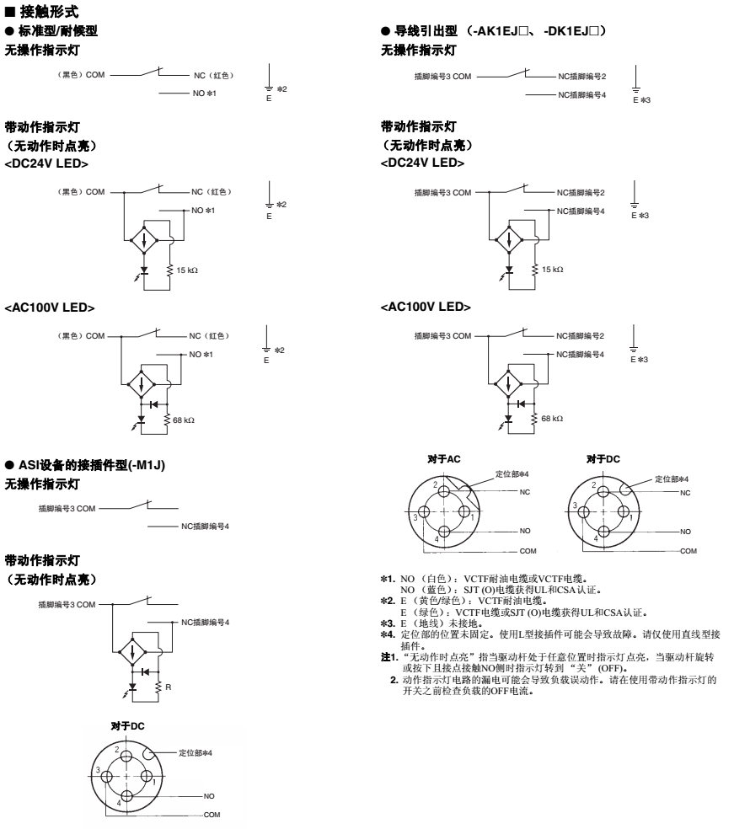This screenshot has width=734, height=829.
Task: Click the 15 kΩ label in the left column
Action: pyautogui.click(x=187, y=270)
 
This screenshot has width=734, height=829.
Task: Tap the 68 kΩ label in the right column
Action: pyautogui.click(x=552, y=418)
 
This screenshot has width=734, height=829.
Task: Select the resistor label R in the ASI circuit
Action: pyautogui.click(x=169, y=687)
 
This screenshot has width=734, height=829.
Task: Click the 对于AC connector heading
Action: pyautogui.click(x=444, y=459)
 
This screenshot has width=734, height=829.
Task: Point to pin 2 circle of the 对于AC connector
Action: pyautogui.click(x=443, y=492)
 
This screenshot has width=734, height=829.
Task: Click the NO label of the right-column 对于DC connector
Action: pyautogui.click(x=685, y=532)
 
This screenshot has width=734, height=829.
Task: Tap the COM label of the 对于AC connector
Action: pyautogui.click(x=528, y=551)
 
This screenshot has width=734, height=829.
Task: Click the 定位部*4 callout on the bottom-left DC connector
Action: pyautogui.click(x=196, y=752)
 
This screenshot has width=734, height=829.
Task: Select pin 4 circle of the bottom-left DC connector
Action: pyautogui.click(x=126, y=796)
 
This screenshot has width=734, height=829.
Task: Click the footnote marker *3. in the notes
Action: pyautogui.click(x=388, y=623)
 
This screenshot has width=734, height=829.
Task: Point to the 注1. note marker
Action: pyautogui.click(x=389, y=657)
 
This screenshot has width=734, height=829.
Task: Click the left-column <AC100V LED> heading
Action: pyautogui.click(x=50, y=308)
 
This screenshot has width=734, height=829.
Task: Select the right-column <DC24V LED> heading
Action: pyautogui.click(x=422, y=163)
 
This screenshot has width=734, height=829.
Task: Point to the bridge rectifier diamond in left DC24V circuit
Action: pyautogui.click(x=144, y=241)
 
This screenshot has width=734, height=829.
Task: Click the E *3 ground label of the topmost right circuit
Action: pyautogui.click(x=641, y=100)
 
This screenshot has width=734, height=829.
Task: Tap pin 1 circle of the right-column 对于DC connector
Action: pyautogui.click(x=624, y=511)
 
